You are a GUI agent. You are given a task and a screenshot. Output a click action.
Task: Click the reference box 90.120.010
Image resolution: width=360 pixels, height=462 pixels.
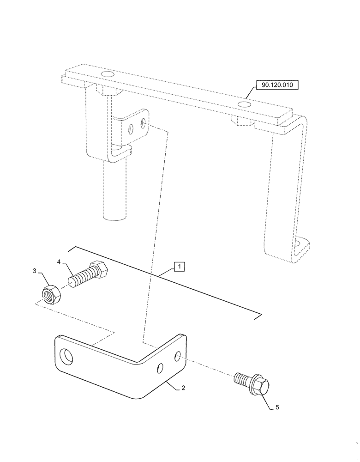276,85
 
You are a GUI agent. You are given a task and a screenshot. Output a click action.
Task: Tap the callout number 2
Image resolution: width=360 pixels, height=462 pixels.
183,389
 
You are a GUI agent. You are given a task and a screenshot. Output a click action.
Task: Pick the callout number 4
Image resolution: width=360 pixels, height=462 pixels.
59,262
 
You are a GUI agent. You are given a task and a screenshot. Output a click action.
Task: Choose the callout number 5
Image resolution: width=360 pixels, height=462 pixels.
277,407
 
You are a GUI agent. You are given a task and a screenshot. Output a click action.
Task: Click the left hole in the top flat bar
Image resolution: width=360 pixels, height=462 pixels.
108,75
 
